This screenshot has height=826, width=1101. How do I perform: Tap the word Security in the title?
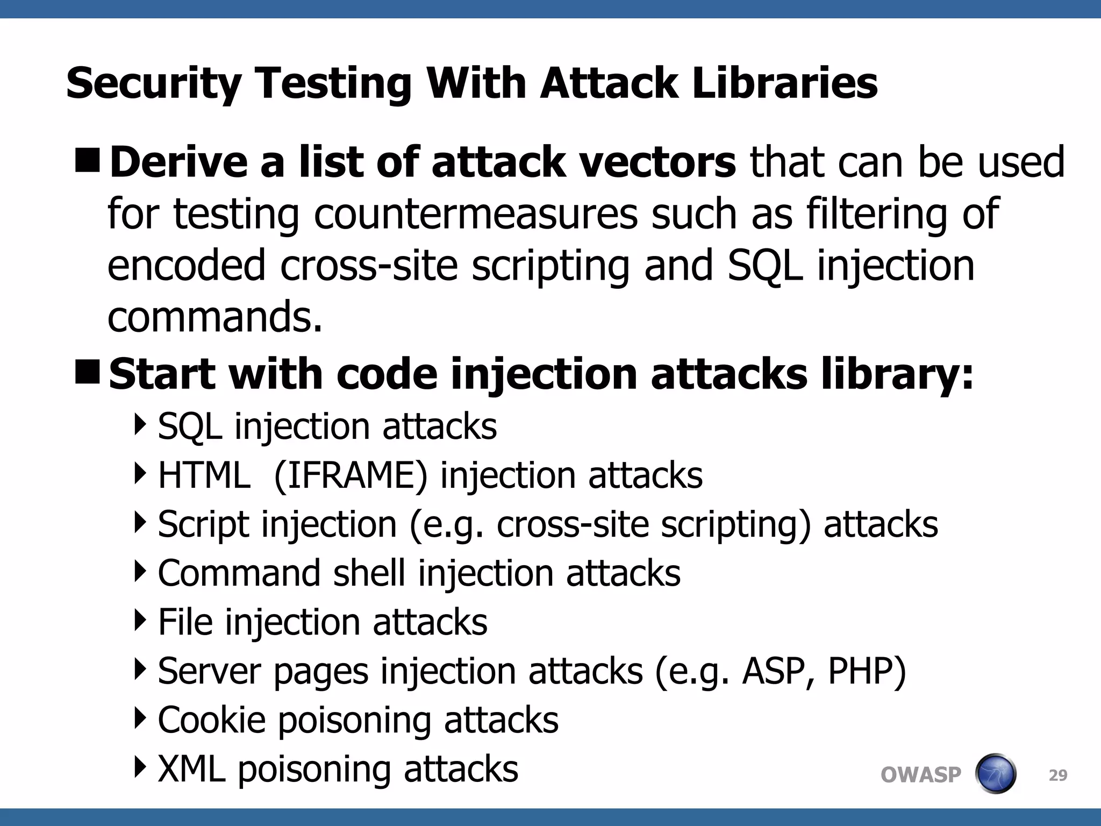tap(154, 84)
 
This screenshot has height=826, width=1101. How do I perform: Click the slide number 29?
tap(1058, 775)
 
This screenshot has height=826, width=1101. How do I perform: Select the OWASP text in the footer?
tap(920, 775)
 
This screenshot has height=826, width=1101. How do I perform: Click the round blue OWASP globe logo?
tap(995, 774)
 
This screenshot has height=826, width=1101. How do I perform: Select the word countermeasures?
tap(476, 213)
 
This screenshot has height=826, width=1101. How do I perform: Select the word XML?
tap(191, 768)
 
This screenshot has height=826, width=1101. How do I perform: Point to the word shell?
tap(369, 573)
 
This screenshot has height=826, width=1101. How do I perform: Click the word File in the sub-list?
tap(185, 622)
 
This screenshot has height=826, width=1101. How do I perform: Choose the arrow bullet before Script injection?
tap(140, 523)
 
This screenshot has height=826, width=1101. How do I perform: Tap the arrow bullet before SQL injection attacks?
tap(140, 425)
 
